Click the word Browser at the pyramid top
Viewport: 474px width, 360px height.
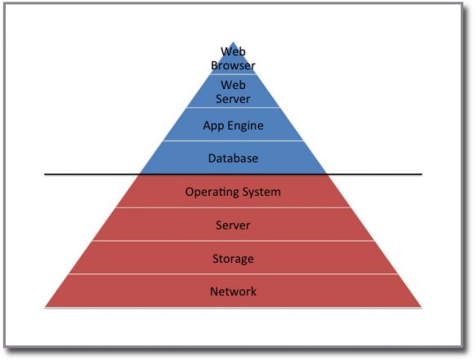(x=233, y=66)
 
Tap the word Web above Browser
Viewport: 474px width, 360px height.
(x=233, y=52)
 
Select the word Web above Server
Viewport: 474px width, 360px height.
(x=233, y=85)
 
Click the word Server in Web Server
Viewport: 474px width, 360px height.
(x=233, y=99)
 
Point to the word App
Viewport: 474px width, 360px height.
(x=214, y=126)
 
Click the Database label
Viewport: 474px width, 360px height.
(x=233, y=158)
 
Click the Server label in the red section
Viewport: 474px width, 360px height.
(x=233, y=225)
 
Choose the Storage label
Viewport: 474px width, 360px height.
(x=233, y=259)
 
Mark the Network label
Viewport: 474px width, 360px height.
(x=233, y=291)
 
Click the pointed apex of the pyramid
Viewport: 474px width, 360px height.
(x=233, y=42)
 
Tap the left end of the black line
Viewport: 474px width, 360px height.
(x=46, y=174)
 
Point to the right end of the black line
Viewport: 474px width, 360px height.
(x=421, y=174)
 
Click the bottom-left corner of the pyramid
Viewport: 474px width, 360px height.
(x=46, y=307)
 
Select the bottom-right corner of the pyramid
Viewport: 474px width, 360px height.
(x=421, y=307)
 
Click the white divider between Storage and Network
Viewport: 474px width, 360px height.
(x=233, y=274)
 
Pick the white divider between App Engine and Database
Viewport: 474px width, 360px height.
(x=233, y=141)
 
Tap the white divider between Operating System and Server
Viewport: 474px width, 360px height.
(x=233, y=208)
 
